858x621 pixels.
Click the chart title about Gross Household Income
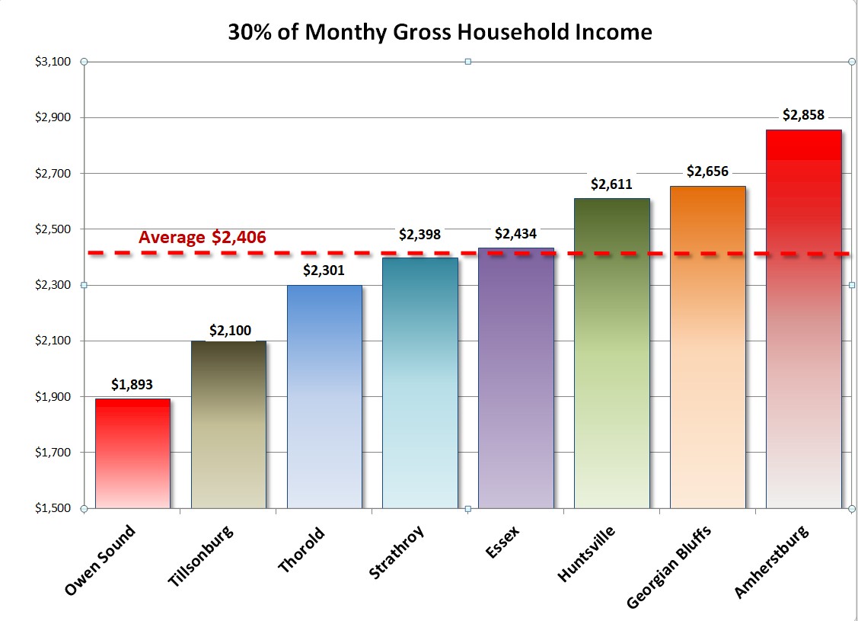point(440,32)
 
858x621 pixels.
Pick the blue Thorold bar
point(324,396)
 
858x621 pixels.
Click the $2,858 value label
point(803,115)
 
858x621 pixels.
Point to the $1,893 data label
point(132,384)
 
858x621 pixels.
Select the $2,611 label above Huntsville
point(612,184)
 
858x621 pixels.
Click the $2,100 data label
point(228,331)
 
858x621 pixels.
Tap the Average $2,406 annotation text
point(202,237)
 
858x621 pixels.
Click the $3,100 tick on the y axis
point(53,62)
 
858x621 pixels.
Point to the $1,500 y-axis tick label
point(53,508)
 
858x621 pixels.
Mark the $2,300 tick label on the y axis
point(53,285)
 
